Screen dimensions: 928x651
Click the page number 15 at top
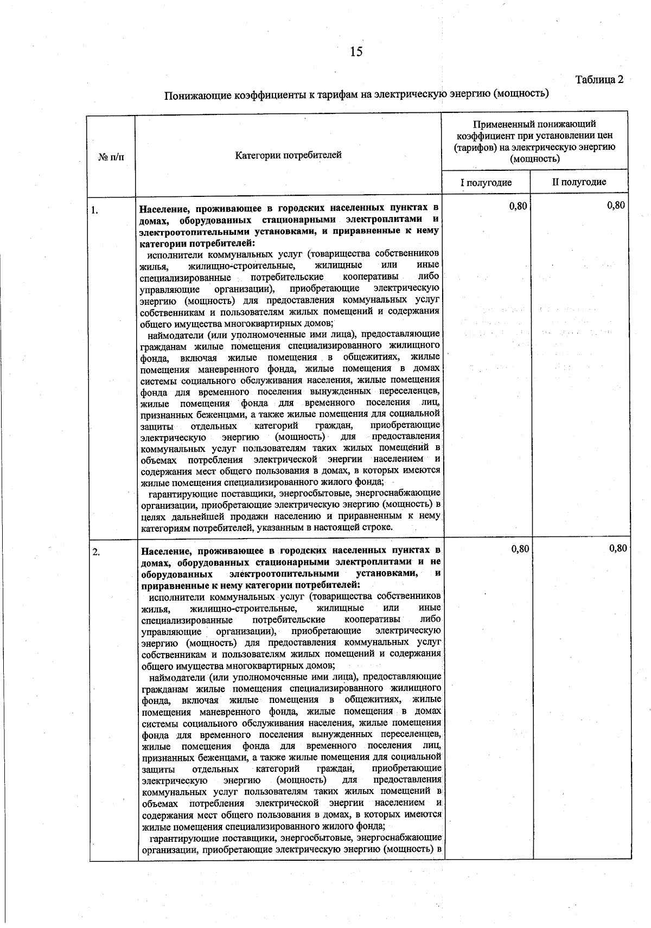[x=356, y=52]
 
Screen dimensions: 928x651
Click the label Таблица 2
[x=599, y=80]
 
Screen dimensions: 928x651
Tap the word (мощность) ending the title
[x=521, y=94]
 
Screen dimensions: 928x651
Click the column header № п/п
[x=111, y=157]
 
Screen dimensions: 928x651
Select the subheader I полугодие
[x=486, y=182]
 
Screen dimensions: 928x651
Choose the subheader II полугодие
[x=579, y=182]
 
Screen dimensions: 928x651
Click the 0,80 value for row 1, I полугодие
[x=518, y=205]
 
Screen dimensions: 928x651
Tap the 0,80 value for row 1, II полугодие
[x=616, y=205]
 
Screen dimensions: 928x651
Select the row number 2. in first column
[x=96, y=553]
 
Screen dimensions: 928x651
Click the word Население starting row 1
[x=163, y=208]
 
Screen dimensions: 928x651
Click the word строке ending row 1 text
[x=385, y=527]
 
